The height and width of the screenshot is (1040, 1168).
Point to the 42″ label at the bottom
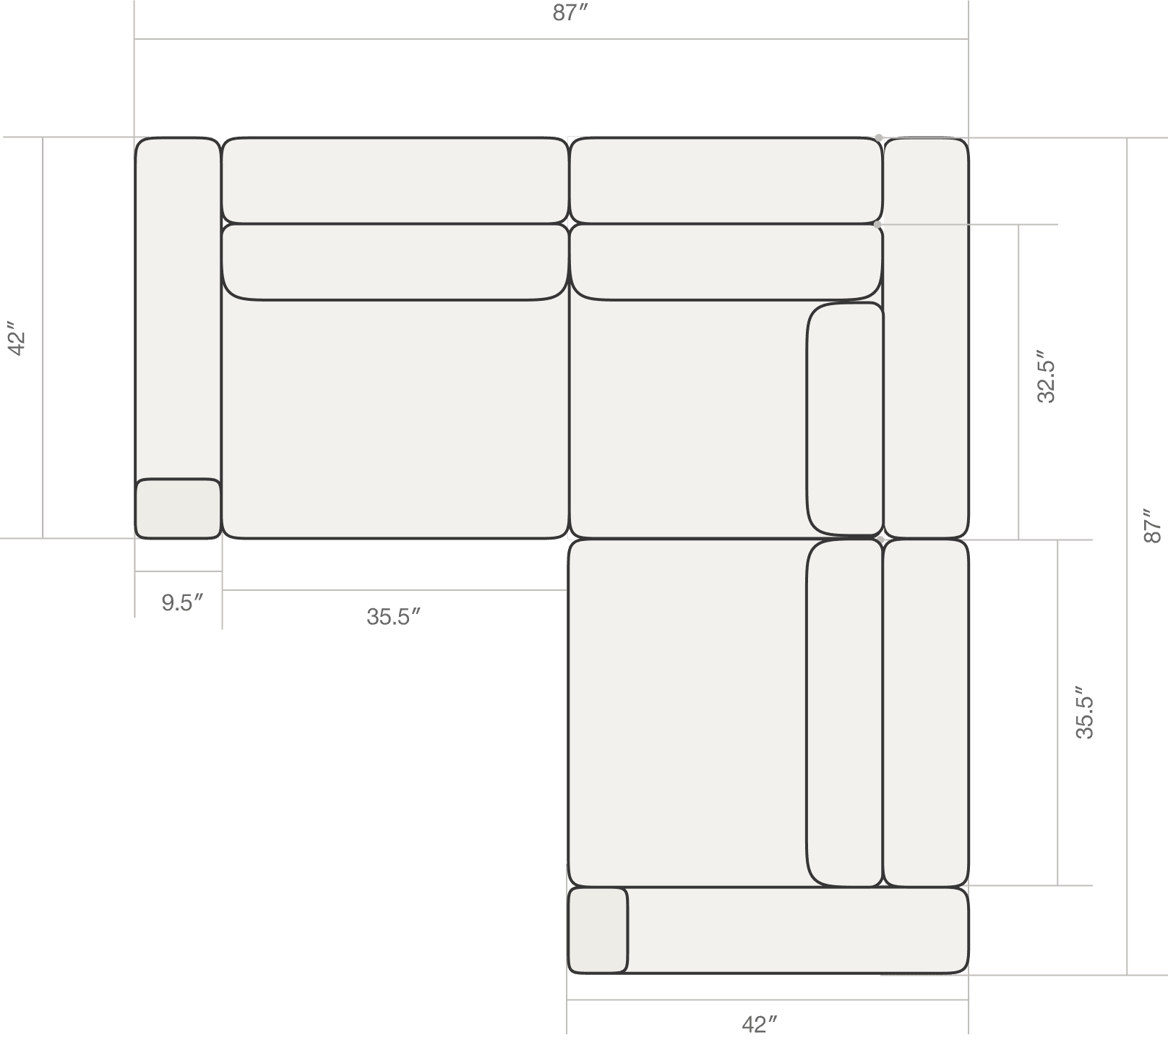click(x=759, y=1024)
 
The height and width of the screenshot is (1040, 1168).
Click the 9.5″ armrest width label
click(x=181, y=602)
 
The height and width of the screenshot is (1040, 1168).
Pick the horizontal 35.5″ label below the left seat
click(x=393, y=617)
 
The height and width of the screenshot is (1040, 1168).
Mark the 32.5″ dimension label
click(x=1046, y=377)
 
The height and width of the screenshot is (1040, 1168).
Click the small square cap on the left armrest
click(x=178, y=508)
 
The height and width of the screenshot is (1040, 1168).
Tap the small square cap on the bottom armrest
click(x=598, y=930)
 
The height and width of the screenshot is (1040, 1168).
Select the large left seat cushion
click(x=395, y=418)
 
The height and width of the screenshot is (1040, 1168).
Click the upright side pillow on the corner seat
click(x=845, y=419)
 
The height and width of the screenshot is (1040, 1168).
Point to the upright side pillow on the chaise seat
click(x=845, y=712)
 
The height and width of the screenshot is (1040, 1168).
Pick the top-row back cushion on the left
click(x=395, y=180)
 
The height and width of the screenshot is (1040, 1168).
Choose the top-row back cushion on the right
click(x=726, y=180)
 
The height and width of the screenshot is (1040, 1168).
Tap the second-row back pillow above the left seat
click(x=395, y=262)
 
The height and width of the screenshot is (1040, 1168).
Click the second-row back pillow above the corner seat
click(x=726, y=262)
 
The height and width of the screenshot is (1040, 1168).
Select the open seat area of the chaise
click(x=687, y=712)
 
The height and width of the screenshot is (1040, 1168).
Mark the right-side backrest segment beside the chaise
click(x=926, y=712)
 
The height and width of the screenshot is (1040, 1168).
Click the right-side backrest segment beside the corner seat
click(x=926, y=338)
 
